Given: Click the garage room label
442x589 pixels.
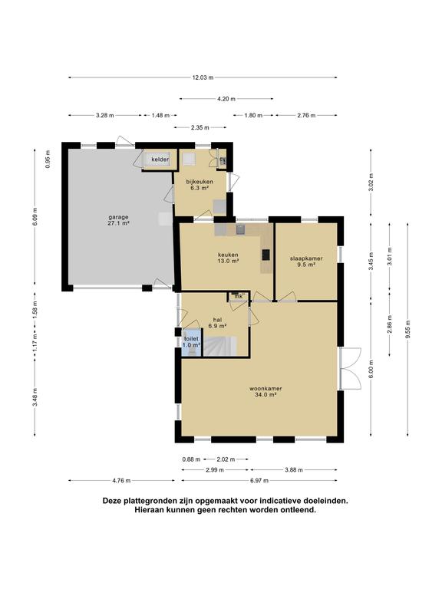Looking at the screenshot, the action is tap(119, 220).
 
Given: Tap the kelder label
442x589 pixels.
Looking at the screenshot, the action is tap(160, 160).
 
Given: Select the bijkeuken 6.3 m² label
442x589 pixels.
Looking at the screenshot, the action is tap(200, 185).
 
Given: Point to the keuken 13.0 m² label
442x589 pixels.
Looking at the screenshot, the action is tap(228, 258).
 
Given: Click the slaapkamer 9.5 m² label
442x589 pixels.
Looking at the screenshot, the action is tap(306, 262).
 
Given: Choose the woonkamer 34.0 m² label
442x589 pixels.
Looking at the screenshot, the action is tap(266, 391).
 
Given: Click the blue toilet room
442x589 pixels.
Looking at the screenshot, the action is tap(191, 342).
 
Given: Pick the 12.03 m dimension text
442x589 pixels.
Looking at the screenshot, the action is tap(203, 77).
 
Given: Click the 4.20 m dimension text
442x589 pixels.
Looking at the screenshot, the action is tap(226, 99).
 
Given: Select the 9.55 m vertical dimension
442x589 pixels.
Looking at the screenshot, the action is tap(407, 329).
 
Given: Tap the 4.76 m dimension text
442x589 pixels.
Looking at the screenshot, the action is tap(121, 480).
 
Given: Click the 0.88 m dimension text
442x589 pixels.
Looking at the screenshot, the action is tap(191, 459).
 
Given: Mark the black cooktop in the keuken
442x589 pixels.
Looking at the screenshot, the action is tap(266, 255).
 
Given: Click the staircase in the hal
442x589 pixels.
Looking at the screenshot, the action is tap(220, 346).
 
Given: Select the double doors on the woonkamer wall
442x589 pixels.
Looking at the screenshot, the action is tap(350, 368).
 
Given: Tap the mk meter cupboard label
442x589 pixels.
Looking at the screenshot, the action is tap(238, 297).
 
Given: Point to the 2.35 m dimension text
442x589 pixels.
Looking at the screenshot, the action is tap(200, 128).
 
